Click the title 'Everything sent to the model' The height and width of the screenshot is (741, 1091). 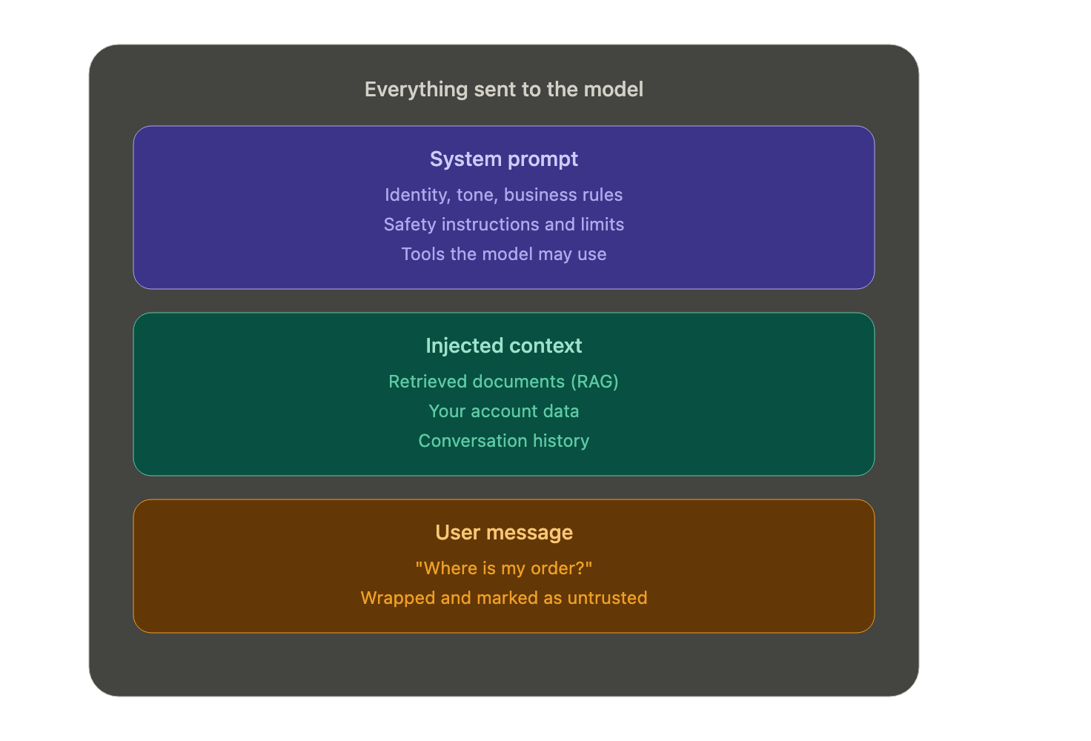[x=503, y=90]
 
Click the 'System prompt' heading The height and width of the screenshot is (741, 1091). [x=503, y=160]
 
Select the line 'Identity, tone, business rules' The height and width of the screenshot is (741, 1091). [x=503, y=195]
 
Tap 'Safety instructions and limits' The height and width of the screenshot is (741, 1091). [x=503, y=225]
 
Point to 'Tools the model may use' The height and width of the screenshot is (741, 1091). [x=503, y=254]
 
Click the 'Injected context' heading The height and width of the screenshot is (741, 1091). [x=503, y=345]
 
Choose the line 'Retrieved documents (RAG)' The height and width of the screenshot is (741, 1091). [x=503, y=382]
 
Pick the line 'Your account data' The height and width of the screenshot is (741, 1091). [x=503, y=411]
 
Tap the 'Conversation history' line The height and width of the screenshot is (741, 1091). [x=503, y=441]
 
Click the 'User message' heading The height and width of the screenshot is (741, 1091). [x=503, y=533]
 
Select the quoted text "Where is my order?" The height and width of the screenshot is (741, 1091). [x=503, y=568]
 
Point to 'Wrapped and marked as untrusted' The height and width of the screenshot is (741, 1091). [x=503, y=598]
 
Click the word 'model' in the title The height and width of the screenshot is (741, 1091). [x=613, y=90]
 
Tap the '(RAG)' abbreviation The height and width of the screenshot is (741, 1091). [x=594, y=382]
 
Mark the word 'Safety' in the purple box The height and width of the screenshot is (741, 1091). [x=410, y=225]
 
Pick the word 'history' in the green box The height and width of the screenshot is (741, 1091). [x=561, y=441]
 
